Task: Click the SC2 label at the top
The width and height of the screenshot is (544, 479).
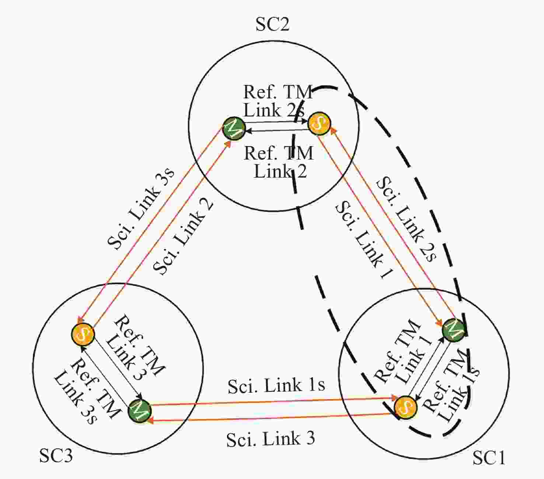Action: (x=272, y=25)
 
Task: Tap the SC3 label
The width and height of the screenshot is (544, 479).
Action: (x=56, y=456)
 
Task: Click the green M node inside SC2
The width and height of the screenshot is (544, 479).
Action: (x=234, y=129)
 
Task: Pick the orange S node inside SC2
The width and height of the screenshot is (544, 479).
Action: (x=319, y=124)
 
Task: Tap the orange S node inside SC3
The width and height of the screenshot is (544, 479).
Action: (x=83, y=334)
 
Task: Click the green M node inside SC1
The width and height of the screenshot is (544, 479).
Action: (x=454, y=330)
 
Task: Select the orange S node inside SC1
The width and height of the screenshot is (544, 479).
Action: (x=405, y=407)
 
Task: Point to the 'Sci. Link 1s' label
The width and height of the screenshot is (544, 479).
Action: (x=276, y=385)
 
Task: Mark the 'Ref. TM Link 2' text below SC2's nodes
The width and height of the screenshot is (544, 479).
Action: (x=279, y=162)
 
